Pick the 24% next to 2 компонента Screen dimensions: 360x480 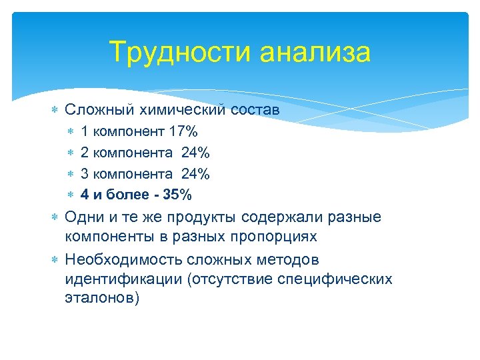[195, 153]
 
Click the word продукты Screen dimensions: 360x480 [203, 218]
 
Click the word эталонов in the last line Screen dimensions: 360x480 [99, 298]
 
